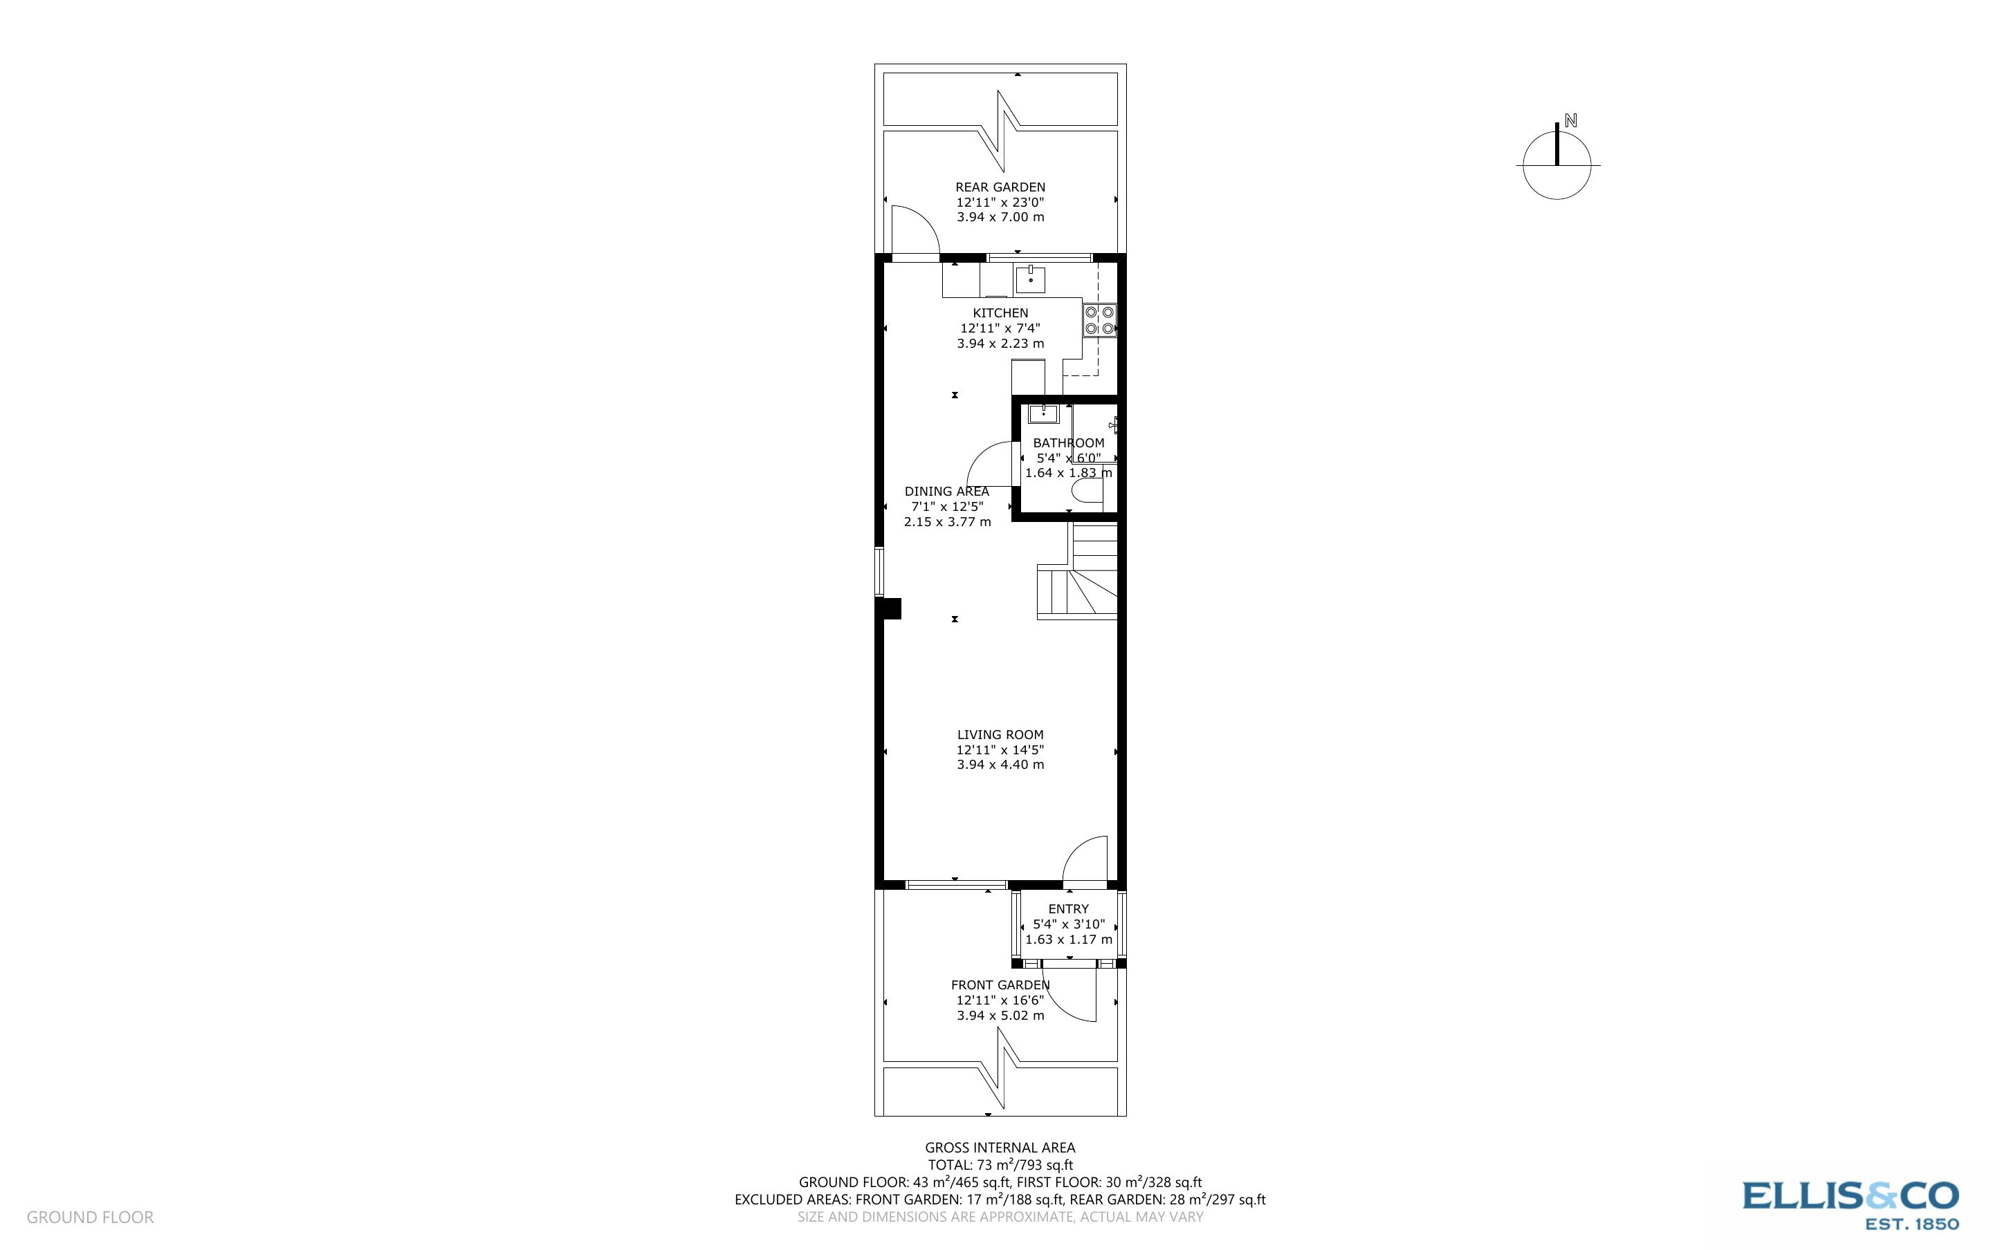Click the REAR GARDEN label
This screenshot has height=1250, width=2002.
click(1000, 187)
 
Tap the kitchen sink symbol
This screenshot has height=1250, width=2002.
click(1030, 279)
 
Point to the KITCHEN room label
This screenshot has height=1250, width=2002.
click(1000, 313)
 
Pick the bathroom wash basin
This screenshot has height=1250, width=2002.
click(1044, 413)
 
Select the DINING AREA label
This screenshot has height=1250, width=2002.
click(946, 492)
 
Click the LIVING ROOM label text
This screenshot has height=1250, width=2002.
click(1000, 735)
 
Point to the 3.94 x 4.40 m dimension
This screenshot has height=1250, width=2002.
click(1000, 765)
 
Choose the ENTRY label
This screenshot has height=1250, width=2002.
click(1068, 909)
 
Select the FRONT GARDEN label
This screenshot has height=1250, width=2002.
click(1000, 985)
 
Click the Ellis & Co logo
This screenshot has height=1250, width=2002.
click(1850, 1204)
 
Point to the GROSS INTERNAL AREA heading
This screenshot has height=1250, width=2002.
click(1000, 1148)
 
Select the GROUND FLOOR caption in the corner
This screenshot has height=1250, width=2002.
click(90, 1218)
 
